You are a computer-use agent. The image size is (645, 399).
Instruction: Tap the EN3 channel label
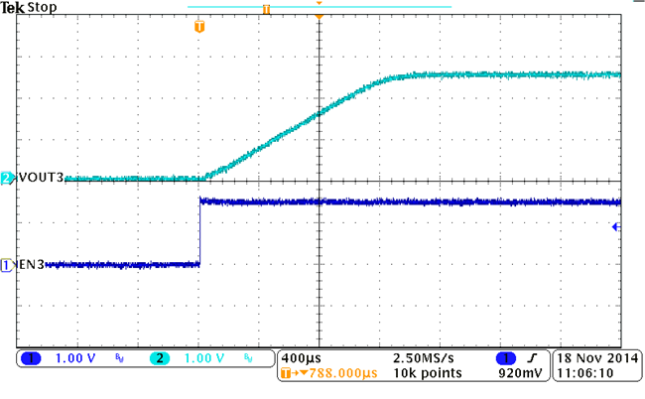click(31, 265)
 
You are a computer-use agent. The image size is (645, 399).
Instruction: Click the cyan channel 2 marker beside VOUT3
click(7, 179)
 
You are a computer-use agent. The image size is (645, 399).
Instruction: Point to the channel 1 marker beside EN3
click(7, 265)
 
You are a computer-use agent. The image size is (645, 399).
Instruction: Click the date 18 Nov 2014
click(598, 357)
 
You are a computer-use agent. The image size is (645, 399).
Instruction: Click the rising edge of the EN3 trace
click(200, 233)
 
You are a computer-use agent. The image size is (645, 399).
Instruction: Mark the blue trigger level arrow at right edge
click(616, 227)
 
